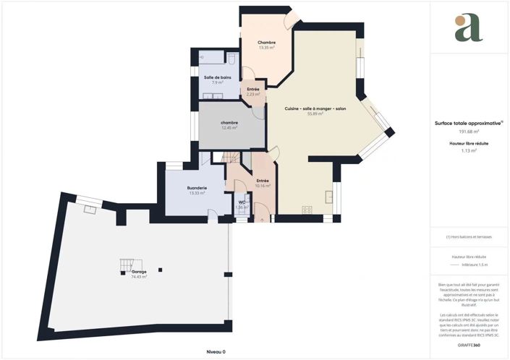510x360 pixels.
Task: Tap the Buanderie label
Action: [x=197, y=188]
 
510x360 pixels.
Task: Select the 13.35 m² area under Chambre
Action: [x=267, y=48]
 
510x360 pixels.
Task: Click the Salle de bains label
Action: [x=217, y=77]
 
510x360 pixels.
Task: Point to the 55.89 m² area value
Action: [x=315, y=113]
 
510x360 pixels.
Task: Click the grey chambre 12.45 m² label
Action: [x=229, y=124]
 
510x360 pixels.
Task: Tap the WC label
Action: [x=242, y=202]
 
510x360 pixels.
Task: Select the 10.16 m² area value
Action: [x=263, y=186]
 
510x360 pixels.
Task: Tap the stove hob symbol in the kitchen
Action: [x=307, y=210]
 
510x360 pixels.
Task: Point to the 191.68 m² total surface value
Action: [x=468, y=132]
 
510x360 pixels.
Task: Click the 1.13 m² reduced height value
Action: [x=468, y=151]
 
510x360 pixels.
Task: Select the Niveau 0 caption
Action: [x=216, y=351]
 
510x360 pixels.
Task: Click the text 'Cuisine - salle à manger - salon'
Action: [x=315, y=108]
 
